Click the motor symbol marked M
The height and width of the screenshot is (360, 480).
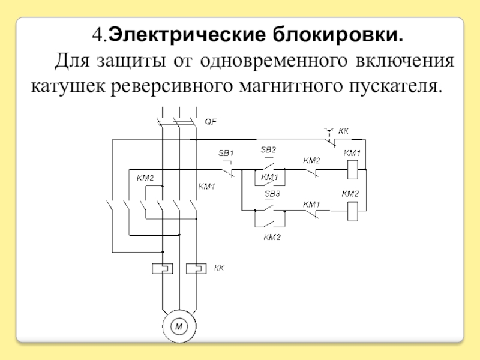pyautogui.click(x=178, y=326)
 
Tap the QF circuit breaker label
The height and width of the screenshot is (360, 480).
pyautogui.click(x=211, y=121)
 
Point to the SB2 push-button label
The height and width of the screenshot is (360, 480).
pyautogui.click(x=268, y=149)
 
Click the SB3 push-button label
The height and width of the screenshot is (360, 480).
pyautogui.click(x=272, y=194)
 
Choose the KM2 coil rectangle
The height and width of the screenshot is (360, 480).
pyautogui.click(x=353, y=209)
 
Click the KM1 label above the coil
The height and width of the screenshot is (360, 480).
pyautogui.click(x=352, y=154)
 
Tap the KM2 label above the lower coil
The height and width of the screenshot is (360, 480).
pyautogui.click(x=350, y=194)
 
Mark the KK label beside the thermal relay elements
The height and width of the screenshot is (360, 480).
pyautogui.click(x=219, y=268)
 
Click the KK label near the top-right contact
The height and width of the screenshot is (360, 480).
pyautogui.click(x=344, y=130)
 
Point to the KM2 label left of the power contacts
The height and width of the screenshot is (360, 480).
pyautogui.click(x=145, y=177)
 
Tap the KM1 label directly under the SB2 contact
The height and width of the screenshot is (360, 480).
pyautogui.click(x=269, y=178)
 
